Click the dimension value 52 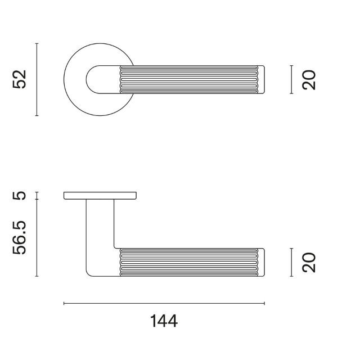pos(20,80)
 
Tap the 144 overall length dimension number pos(164,321)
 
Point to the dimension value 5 pos(20,196)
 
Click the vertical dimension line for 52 pos(37,80)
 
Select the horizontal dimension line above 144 pos(164,304)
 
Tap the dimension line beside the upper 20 pos(291,80)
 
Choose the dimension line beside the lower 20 pos(291,262)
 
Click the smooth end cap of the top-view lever pos(267,80)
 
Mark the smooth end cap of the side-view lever pos(267,262)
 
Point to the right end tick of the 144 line pos(264,304)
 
